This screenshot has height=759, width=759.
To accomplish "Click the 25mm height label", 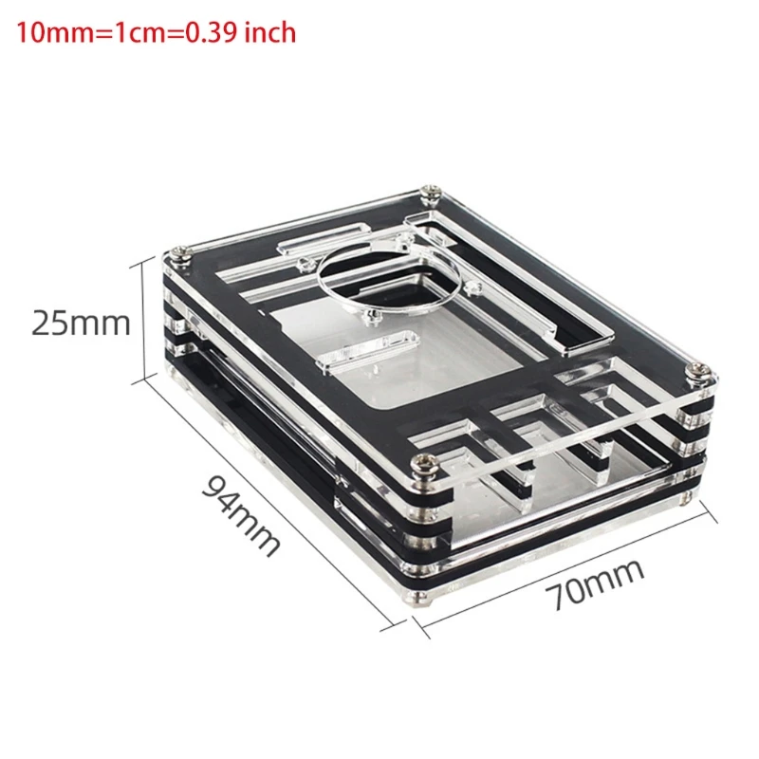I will click(x=81, y=324).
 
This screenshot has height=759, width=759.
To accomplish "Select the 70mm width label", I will click(x=595, y=584).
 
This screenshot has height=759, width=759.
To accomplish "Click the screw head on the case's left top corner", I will click(x=180, y=253).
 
